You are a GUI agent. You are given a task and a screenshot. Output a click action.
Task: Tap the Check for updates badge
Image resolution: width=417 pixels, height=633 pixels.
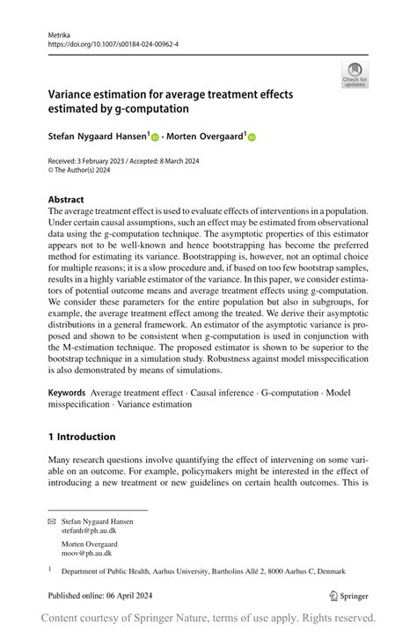point(355,75)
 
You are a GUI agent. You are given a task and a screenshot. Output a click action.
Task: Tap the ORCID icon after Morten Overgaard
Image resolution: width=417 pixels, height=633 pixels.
point(252,137)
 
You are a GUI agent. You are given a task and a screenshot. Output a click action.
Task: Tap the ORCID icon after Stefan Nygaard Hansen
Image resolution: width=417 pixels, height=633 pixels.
point(155,137)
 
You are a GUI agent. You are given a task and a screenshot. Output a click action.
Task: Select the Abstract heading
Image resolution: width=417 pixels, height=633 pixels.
point(66,200)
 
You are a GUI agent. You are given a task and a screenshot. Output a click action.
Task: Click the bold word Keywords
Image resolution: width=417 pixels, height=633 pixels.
point(67,392)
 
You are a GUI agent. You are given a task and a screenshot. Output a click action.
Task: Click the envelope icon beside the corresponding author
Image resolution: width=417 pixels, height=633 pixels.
point(52,522)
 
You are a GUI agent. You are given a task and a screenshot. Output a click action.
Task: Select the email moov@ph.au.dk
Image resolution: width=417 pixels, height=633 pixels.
point(86,553)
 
